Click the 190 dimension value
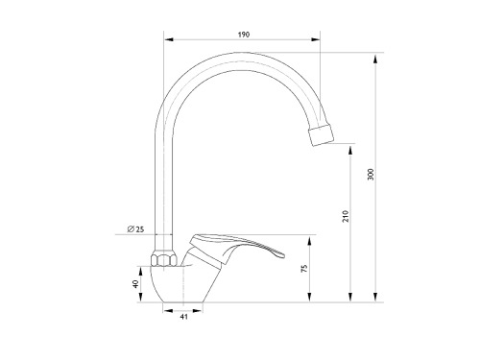(244, 35)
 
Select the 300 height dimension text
(371, 174)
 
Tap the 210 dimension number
(346, 216)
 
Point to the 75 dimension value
(304, 268)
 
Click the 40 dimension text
(136, 283)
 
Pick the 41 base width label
(183, 317)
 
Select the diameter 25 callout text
(135, 229)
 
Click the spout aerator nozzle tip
(321, 135)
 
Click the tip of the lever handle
(282, 255)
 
